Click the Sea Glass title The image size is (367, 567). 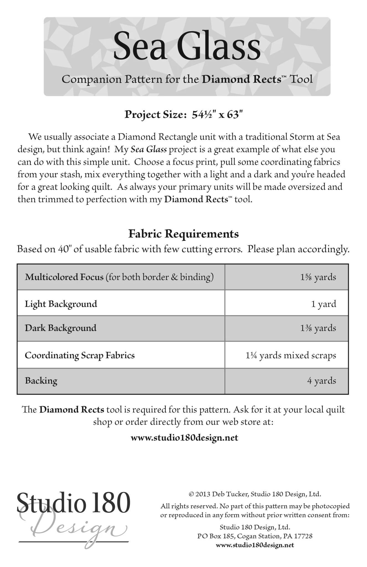tap(187, 46)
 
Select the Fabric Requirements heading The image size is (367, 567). tap(183, 234)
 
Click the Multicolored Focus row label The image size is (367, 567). tap(119, 277)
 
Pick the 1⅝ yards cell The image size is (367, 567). tap(318, 277)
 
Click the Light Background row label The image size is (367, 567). tap(61, 304)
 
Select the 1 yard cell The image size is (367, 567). tap(324, 304)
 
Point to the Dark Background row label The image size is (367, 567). tap(61, 328)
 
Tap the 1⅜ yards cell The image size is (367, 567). tap(318, 328)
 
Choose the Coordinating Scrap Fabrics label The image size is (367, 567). tap(80, 355)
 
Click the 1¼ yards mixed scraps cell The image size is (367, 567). tap(291, 355)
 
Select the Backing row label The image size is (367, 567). tap(41, 380)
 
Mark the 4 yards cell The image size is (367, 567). tap(322, 380)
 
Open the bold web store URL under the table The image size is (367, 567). tap(184, 437)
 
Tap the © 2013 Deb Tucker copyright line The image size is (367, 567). tap(255, 494)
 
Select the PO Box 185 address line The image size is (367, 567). tap(255, 536)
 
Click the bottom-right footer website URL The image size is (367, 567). tap(255, 545)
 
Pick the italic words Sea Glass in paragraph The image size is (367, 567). tap(148, 150)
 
